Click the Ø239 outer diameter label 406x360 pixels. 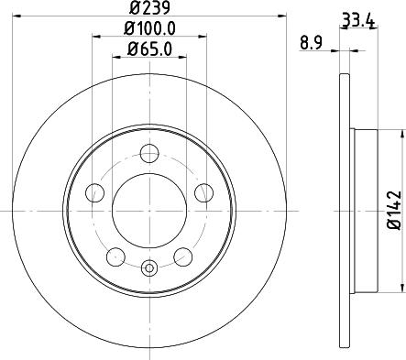[148, 8]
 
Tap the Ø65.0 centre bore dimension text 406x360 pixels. [148, 51]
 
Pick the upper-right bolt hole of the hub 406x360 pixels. [203, 191]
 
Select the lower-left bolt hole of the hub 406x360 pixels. [115, 256]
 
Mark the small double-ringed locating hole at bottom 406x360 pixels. [149, 268]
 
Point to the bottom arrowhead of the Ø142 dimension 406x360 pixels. [400, 284]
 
